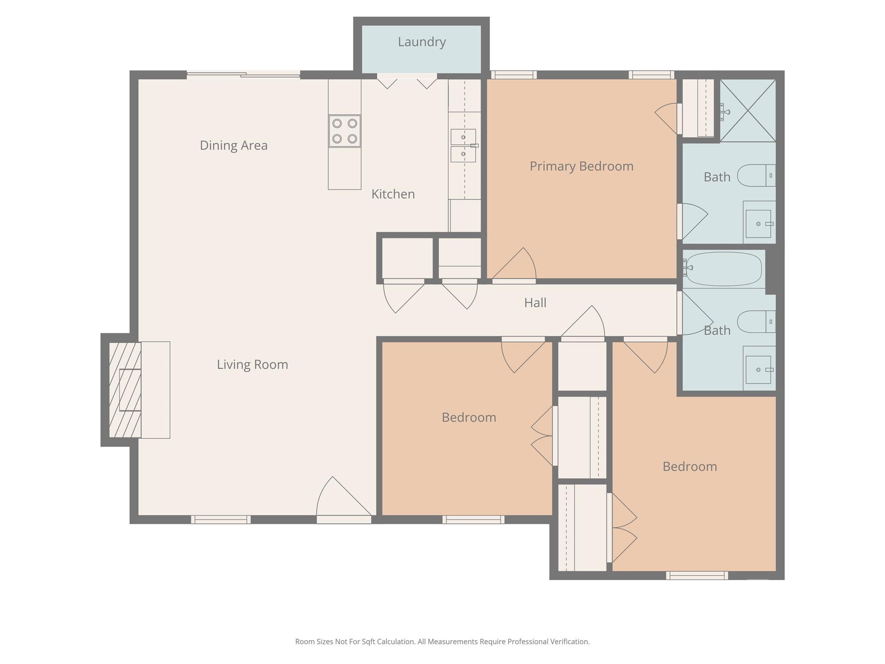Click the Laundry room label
422,42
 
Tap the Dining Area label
234,146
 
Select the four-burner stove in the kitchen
344,131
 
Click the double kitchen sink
463,146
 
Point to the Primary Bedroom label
582,166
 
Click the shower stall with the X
748,111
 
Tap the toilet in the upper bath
756,176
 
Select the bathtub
724,269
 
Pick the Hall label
535,303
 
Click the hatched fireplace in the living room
125,390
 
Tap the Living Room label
252,365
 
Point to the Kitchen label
393,194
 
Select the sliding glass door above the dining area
243,75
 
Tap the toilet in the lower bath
756,322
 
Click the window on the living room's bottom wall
221,520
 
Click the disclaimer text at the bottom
442,642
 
